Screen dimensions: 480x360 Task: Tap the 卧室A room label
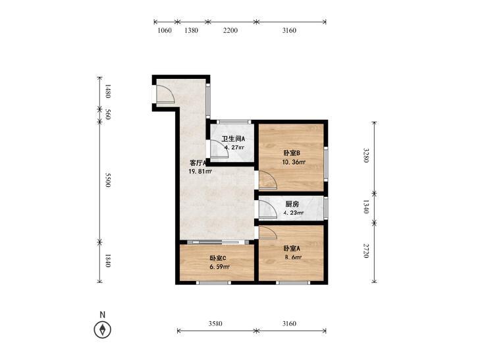(x=292, y=248)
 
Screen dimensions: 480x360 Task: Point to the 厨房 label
(x=292, y=204)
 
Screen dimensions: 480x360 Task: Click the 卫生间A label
(x=233, y=139)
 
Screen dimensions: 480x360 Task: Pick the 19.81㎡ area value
(x=200, y=172)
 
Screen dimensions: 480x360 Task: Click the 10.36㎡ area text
(x=294, y=162)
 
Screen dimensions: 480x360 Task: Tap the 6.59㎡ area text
(x=219, y=267)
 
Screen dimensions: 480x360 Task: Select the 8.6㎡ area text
(x=293, y=257)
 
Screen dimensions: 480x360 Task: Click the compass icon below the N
(x=103, y=330)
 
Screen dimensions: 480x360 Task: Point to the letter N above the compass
(x=103, y=315)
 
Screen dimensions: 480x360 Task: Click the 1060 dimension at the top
(x=165, y=30)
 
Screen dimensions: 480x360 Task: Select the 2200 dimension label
(x=230, y=30)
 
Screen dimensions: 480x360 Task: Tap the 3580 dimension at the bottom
(x=215, y=324)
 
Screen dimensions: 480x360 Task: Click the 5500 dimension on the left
(x=107, y=180)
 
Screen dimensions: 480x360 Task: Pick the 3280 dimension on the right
(x=366, y=155)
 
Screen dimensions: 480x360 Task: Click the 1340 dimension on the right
(x=366, y=207)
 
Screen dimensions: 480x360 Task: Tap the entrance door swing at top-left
(x=165, y=93)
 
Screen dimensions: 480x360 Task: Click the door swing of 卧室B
(x=267, y=179)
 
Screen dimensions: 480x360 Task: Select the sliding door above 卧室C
(x=217, y=242)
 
